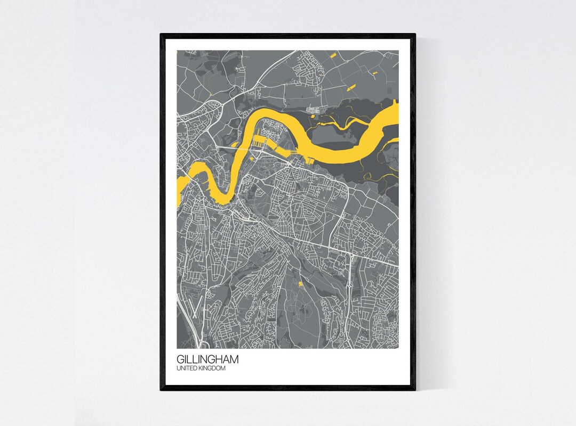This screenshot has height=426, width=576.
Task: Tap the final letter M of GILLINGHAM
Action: (234, 359)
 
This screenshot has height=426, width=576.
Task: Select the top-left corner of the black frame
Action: (162, 35)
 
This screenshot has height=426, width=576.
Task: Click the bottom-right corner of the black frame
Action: (414, 389)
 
